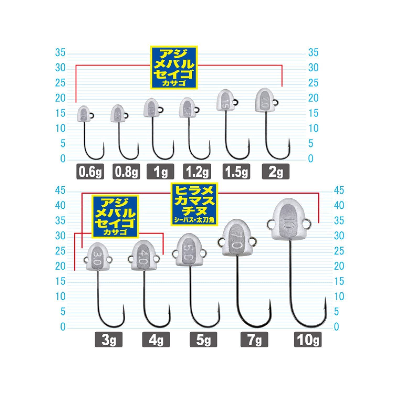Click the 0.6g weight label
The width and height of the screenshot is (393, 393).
90,172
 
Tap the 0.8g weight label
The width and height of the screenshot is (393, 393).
126,172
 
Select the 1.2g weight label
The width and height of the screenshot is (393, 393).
197,172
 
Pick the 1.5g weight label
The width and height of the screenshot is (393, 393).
236,172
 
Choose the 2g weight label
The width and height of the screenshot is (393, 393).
276,172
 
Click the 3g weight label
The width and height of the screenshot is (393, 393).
109,340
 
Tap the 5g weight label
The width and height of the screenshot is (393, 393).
203,340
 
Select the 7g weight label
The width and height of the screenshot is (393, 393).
254,340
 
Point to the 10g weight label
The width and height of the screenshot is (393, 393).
308,340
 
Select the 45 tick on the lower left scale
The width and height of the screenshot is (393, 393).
60,191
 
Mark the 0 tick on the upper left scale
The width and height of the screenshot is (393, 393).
62,159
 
